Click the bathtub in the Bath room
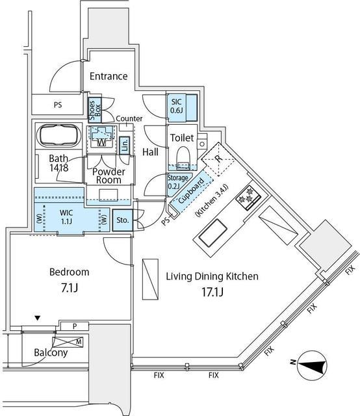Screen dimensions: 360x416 pos(58,135)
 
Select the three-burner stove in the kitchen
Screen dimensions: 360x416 pos(250,198)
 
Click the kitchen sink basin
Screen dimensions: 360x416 pos(213,233)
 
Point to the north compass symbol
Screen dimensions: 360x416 pos(312,365)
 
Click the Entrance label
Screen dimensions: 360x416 pos(109,77)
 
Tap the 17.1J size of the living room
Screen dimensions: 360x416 pos(212,292)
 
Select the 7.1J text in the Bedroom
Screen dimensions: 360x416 pos(70,288)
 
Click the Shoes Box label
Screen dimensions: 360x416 pos(95,110)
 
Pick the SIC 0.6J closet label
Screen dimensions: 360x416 pos(176,106)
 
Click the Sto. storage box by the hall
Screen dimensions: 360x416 pos(123,220)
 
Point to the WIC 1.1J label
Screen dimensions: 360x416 pos(66,216)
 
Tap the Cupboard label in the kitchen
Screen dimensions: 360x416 pos(191,190)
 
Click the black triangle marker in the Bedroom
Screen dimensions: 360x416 pos(38,318)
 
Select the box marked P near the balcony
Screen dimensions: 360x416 pos(75,326)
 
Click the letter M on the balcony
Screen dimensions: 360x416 pos(79,342)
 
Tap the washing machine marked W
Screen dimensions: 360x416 pos(101,137)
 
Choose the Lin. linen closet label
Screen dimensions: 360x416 pos(124,145)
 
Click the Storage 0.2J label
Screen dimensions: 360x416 pos(177,182)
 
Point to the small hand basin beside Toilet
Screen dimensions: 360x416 pos(202,144)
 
